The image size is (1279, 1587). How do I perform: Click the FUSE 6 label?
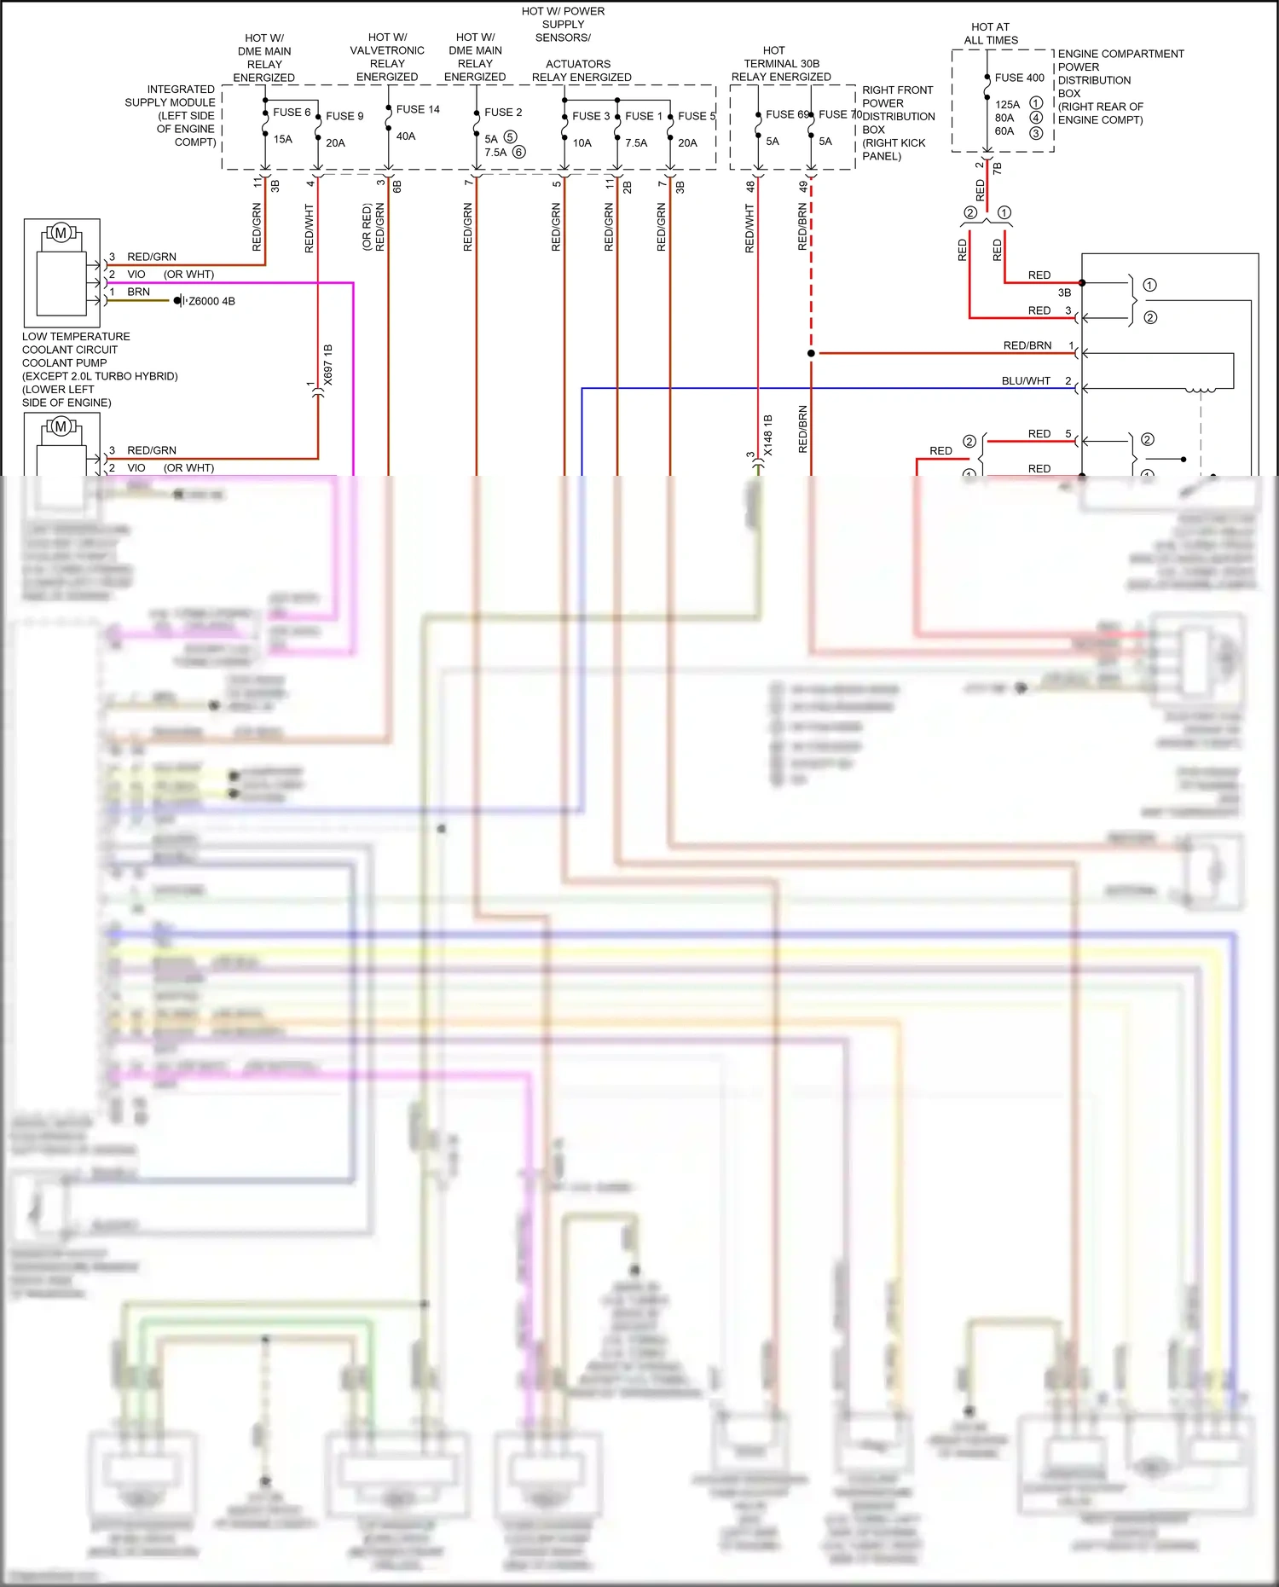[292, 112]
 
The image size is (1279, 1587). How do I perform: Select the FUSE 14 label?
[418, 109]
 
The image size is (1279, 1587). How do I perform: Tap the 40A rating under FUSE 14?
[406, 136]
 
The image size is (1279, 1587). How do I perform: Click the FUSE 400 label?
[1019, 78]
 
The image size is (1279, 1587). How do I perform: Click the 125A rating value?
[1007, 104]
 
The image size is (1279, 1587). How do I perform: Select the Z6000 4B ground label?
[211, 301]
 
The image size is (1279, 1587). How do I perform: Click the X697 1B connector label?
[328, 365]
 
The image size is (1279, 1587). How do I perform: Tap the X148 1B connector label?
[767, 435]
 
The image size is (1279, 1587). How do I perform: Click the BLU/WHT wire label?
[1026, 381]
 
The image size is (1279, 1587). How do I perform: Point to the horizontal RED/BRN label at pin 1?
[1027, 345]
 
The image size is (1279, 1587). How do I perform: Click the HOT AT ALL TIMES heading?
[991, 33]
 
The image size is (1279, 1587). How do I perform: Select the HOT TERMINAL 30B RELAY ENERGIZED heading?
[781, 64]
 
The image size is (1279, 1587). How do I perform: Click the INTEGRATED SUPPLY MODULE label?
[171, 115]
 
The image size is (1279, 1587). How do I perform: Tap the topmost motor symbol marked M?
[61, 233]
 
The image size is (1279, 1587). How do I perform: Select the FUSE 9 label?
[344, 116]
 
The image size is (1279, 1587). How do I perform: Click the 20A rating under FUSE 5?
[687, 143]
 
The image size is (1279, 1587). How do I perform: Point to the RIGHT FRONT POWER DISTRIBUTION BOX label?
[897, 123]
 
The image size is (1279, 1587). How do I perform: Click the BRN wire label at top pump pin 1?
[138, 292]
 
